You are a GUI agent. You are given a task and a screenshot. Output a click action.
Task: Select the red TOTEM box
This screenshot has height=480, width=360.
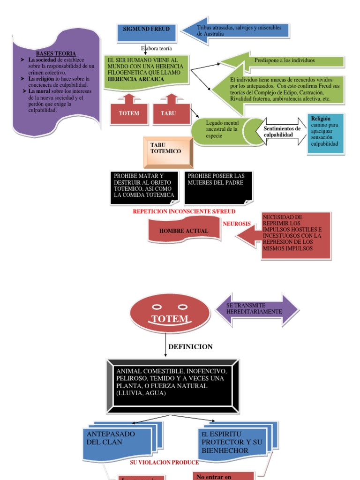pos(129,113)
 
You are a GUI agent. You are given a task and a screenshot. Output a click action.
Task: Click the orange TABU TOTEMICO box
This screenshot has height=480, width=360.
pos(167,151)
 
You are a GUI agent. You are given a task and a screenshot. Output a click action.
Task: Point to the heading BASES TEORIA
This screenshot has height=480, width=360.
pos(56,54)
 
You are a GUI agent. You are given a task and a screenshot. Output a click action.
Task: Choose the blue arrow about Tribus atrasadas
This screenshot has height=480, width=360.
pos(237,31)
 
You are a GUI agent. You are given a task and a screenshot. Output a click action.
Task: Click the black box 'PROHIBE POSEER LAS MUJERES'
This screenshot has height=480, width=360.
pos(218,187)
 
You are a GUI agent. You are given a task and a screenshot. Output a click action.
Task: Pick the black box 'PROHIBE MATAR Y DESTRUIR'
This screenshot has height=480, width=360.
pos(144,187)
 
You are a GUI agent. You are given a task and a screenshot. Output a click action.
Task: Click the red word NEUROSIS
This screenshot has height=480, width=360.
pos(237,224)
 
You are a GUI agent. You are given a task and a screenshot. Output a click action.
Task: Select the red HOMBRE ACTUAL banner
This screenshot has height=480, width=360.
pos(184,231)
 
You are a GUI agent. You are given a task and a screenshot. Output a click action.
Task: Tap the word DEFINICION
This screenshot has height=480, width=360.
pos(190,347)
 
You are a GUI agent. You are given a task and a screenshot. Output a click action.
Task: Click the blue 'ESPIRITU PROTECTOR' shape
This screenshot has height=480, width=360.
pos(232,442)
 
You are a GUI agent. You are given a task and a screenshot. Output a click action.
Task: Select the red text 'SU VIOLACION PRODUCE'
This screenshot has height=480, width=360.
pos(164,462)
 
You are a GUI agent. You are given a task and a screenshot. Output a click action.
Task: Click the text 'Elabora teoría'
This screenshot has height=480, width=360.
pos(157,48)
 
